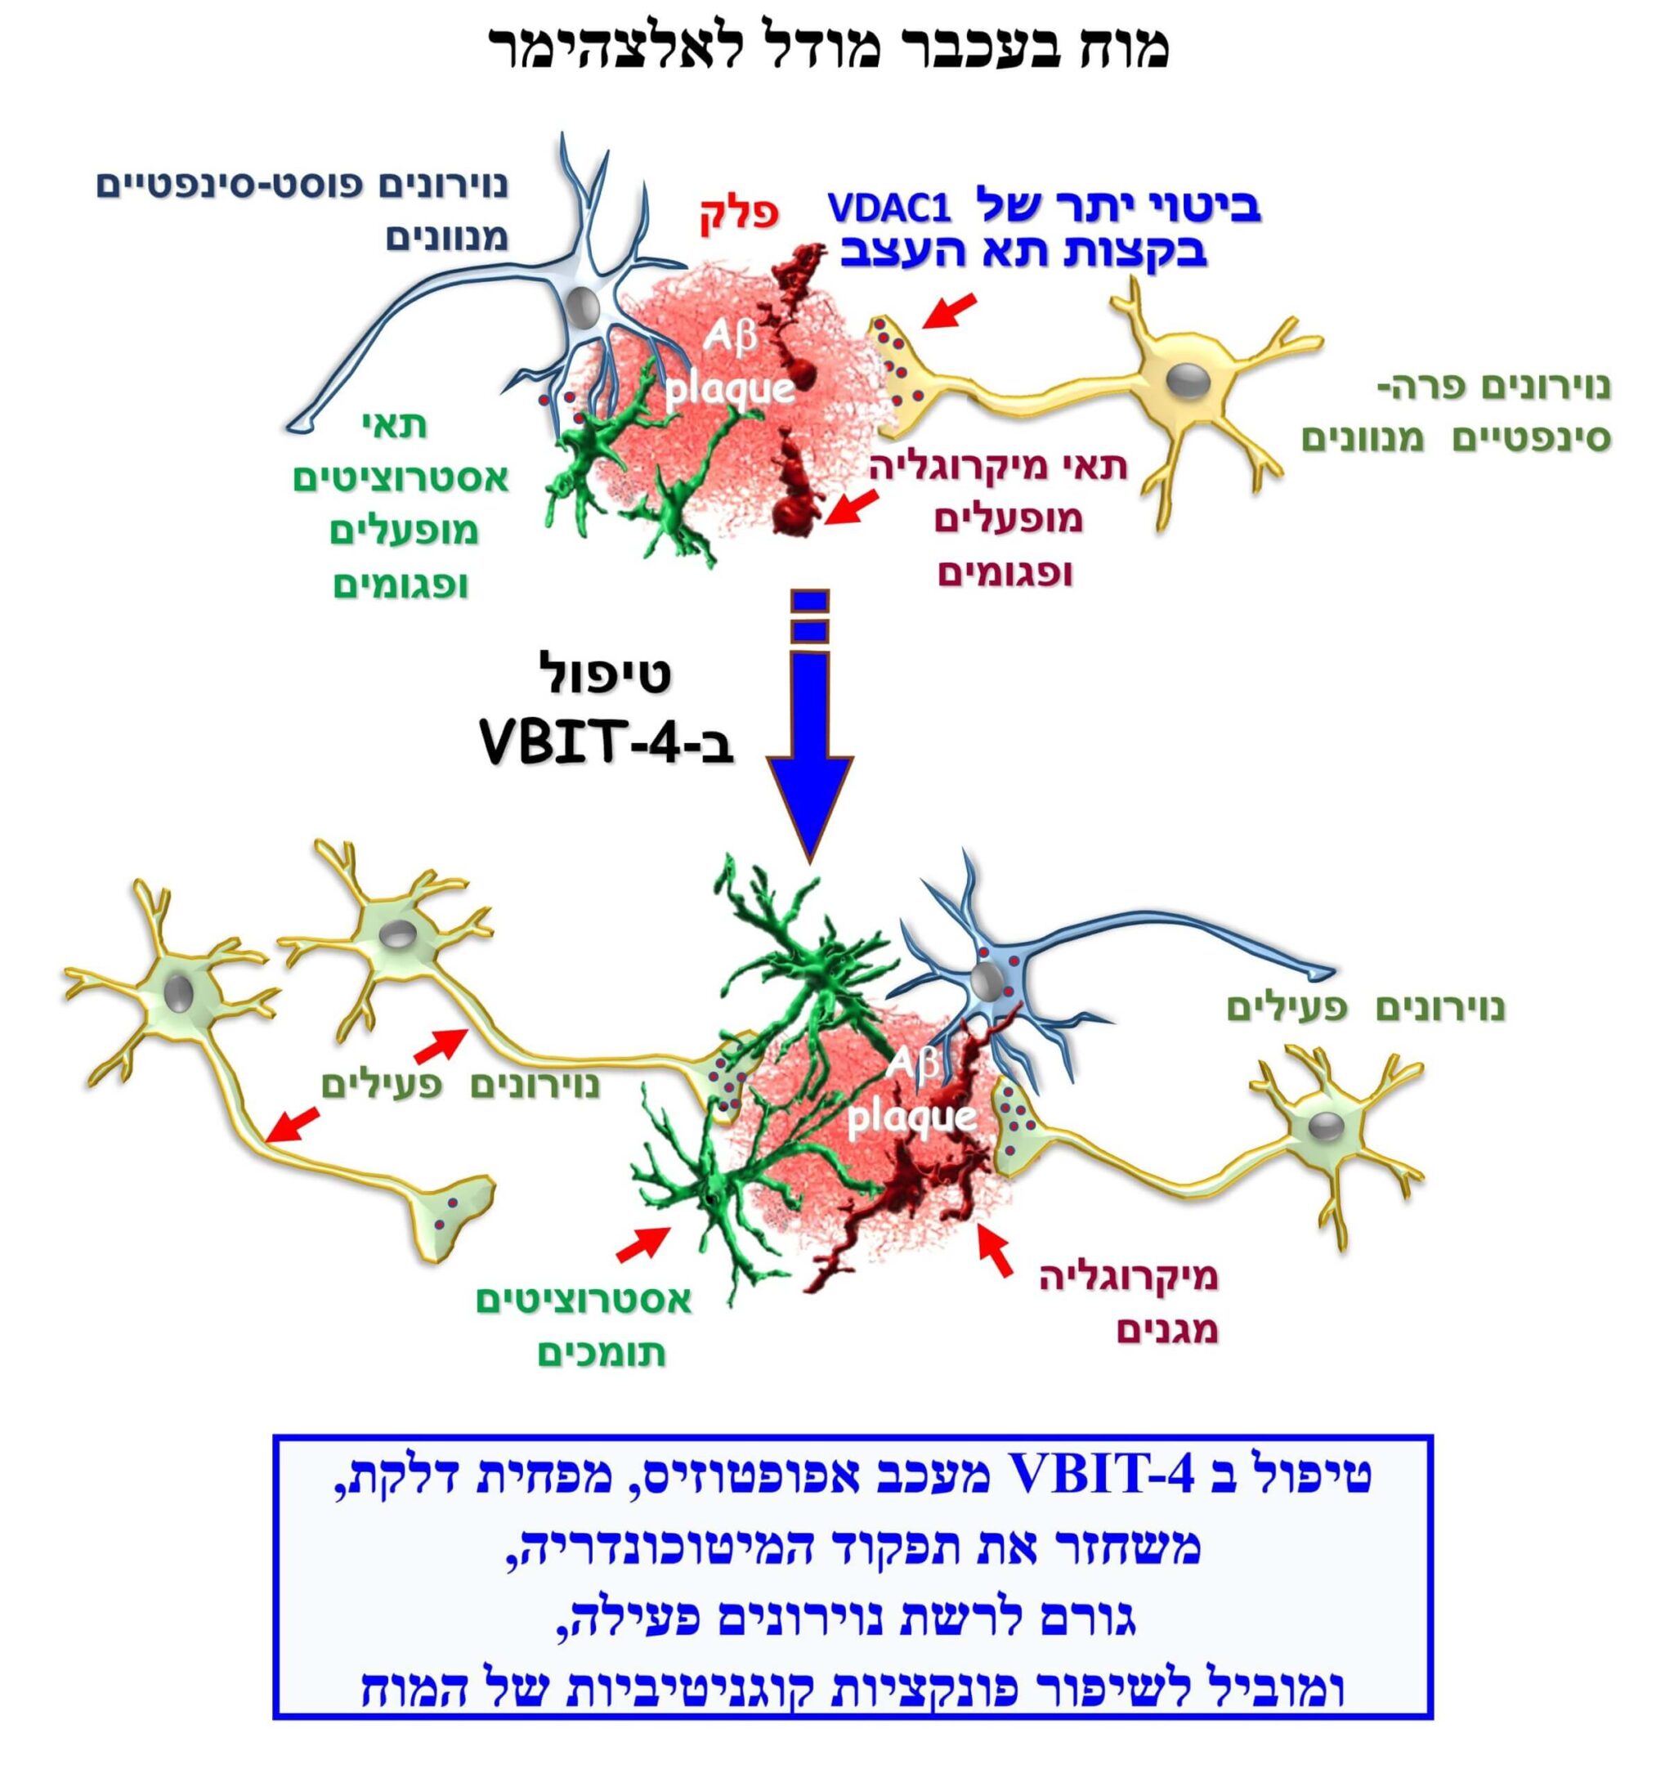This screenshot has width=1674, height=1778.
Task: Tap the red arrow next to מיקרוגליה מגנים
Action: pyautogui.click(x=996, y=1252)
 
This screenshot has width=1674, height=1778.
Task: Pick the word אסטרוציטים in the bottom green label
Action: pyautogui.click(x=583, y=1301)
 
